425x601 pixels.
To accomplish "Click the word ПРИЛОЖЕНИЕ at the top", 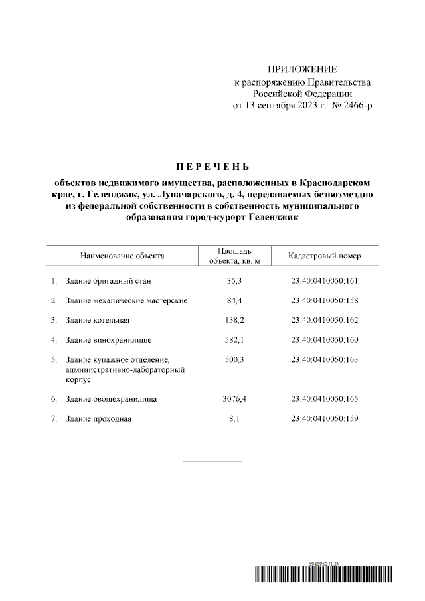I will [302, 70].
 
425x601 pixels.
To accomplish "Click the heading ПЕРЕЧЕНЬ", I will [212, 165].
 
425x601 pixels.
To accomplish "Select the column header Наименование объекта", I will [122, 255].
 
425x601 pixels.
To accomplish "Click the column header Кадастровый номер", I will [324, 255].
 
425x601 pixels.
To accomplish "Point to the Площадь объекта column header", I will [234, 255].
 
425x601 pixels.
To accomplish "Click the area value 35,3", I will [234, 281].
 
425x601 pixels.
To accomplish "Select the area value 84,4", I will [234, 300].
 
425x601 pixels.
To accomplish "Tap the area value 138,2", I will [234, 320].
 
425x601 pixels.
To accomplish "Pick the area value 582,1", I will [234, 340].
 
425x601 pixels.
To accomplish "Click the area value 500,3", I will [234, 359].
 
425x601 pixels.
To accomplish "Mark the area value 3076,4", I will [234, 399].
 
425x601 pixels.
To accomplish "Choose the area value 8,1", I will [234, 419].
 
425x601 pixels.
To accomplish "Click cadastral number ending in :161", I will [324, 281].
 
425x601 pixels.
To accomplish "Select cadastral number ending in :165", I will [324, 399].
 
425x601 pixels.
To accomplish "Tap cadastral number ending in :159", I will [324, 419].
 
